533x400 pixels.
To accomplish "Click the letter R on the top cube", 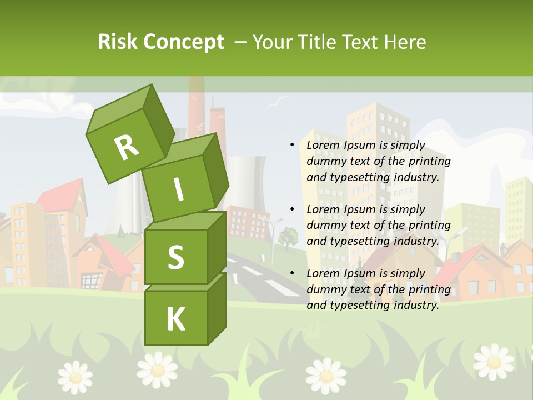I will click(127, 147).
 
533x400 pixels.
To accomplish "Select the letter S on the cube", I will click(175, 257).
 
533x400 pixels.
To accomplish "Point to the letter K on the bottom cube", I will click(175, 319).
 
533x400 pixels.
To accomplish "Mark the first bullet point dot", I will click(292, 145).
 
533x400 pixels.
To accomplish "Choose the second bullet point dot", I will click(292, 209).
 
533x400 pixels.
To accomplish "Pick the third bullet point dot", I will click(292, 273).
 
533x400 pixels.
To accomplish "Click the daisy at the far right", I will click(493, 362).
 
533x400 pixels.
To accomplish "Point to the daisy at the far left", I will click(75, 377).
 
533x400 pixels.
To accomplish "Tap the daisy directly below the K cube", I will click(158, 369).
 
